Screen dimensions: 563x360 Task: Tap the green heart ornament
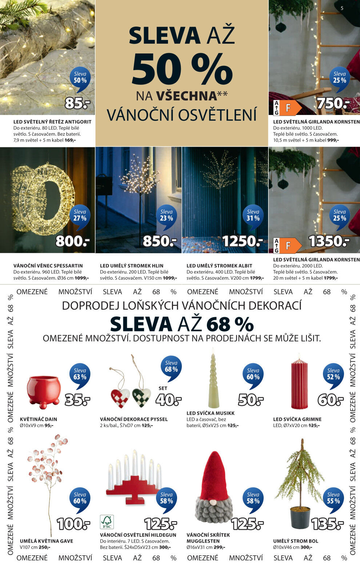point(141,398)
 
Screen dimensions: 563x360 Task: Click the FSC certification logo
point(107,522)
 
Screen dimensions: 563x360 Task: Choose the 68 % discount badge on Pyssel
point(171,367)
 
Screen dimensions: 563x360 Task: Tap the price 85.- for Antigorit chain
point(77,104)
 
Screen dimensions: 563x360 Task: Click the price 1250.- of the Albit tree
point(242,241)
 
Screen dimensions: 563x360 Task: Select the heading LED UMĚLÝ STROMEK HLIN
point(132,266)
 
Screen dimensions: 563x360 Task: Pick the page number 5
point(342,8)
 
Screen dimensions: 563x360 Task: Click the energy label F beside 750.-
point(288,108)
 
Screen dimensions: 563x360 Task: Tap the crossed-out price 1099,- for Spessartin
point(82,278)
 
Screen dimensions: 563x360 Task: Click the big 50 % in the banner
point(182,69)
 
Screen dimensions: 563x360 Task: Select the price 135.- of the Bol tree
point(327,524)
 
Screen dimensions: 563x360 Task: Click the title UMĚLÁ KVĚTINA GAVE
point(47,541)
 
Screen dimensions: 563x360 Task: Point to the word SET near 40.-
point(163,388)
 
